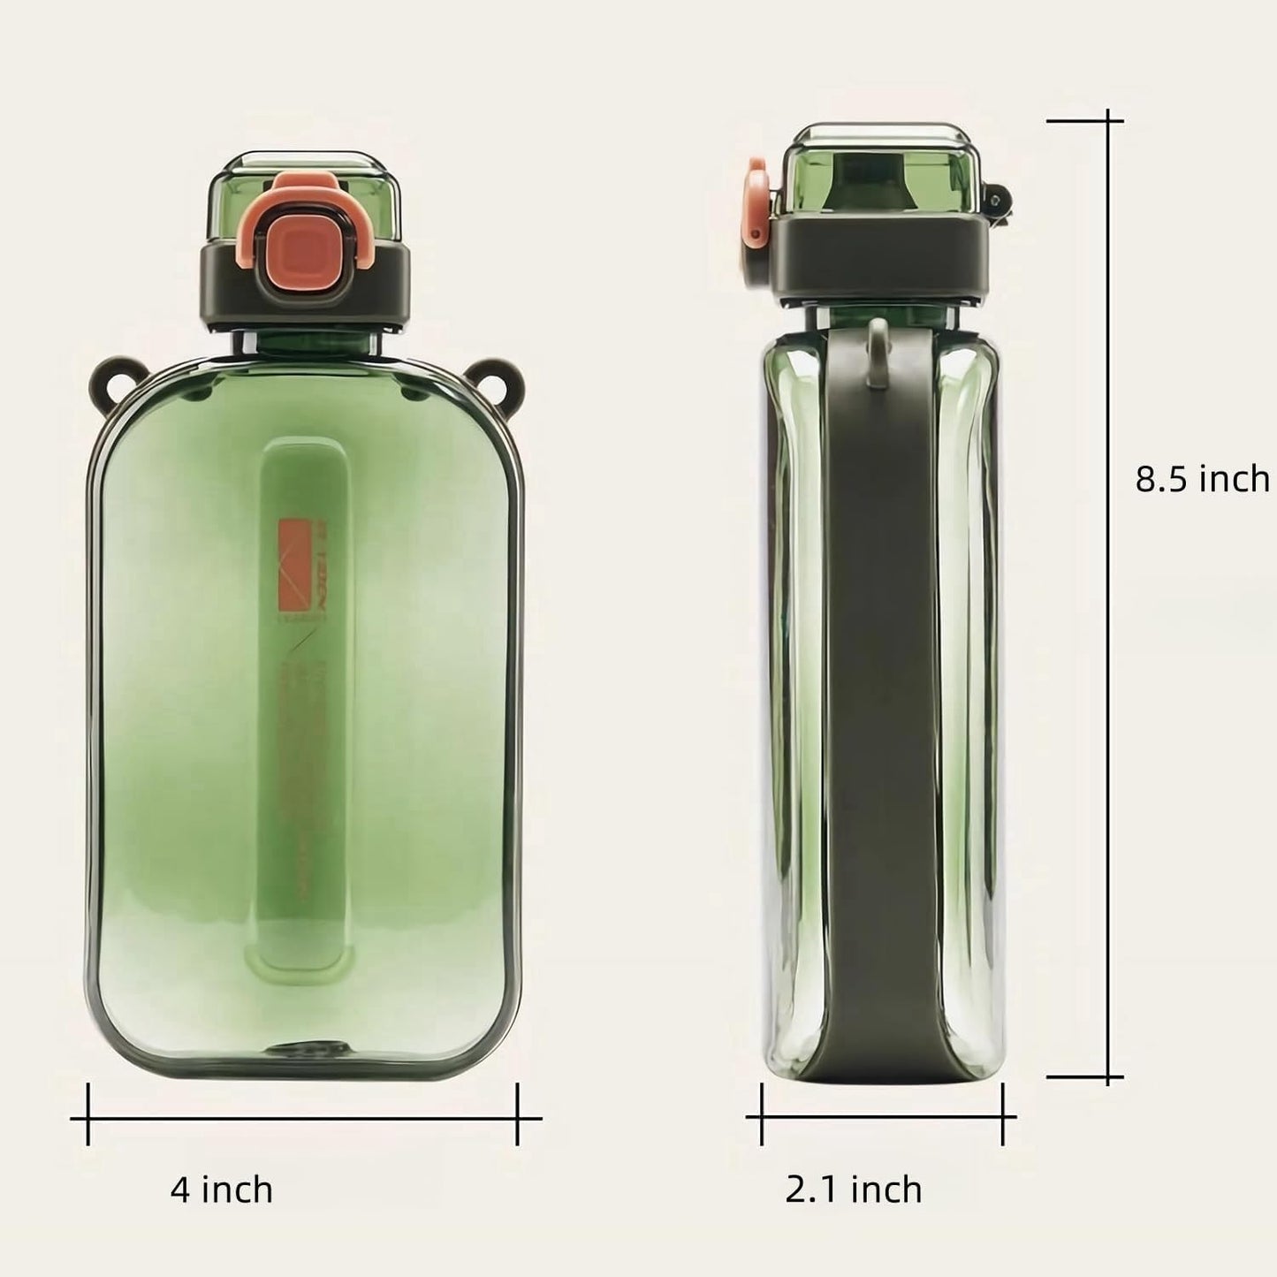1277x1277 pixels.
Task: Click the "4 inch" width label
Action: (x=221, y=1190)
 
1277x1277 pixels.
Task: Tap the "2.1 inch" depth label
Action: (x=853, y=1190)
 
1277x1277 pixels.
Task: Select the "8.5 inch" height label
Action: (x=1201, y=479)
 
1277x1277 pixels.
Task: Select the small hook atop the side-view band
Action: (x=878, y=352)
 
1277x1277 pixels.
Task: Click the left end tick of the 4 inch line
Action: (x=88, y=1118)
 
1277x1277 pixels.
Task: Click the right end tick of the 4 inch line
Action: (x=518, y=1118)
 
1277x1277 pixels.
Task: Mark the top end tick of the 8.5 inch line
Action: (x=1109, y=121)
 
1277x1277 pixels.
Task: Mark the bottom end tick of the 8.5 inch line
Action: (x=1109, y=1077)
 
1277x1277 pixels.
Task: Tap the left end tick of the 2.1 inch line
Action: (x=761, y=1117)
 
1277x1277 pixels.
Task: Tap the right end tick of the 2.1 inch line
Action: (x=1003, y=1117)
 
